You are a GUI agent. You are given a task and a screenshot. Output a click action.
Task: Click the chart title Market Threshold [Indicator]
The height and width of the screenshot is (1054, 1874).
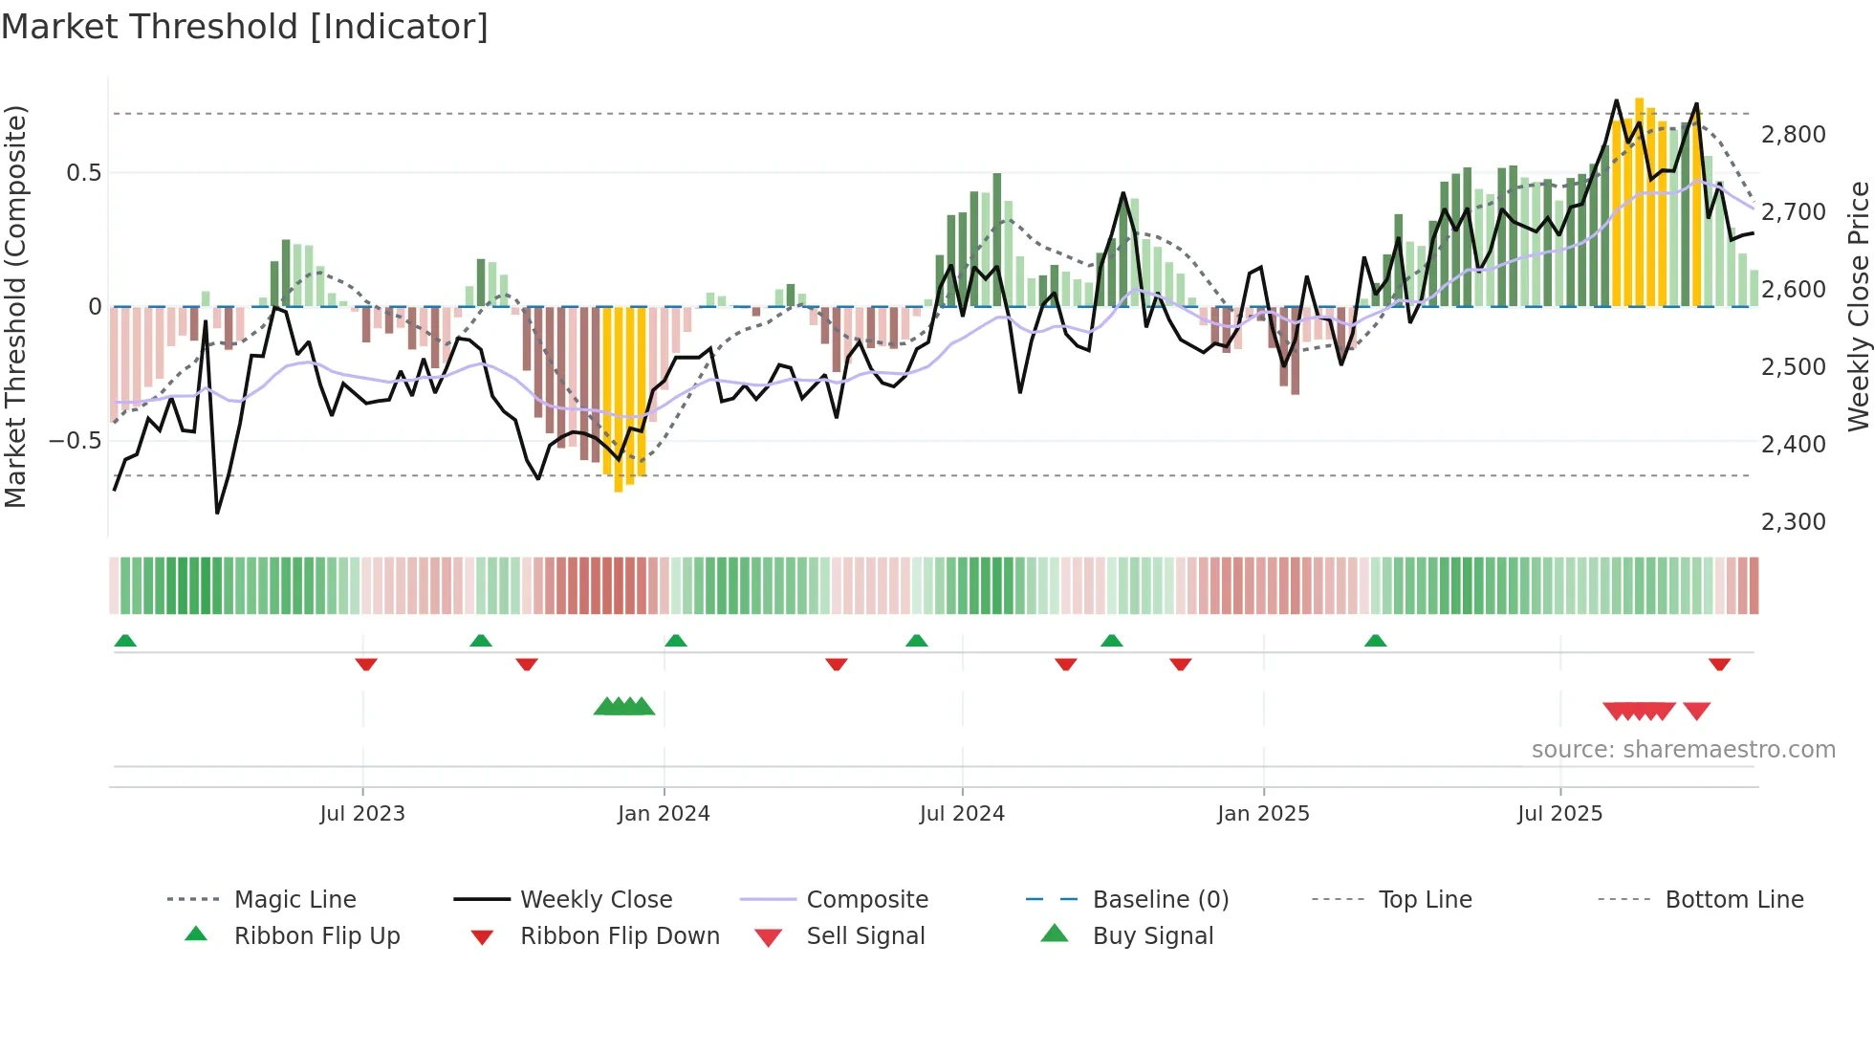click(x=245, y=27)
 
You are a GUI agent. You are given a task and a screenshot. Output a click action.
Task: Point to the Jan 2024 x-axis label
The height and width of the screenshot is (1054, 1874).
click(x=664, y=814)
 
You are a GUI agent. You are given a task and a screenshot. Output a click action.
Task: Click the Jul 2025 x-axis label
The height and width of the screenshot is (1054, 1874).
click(x=1559, y=814)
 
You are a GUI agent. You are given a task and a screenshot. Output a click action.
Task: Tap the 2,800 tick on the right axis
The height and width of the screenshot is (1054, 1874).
click(x=1793, y=135)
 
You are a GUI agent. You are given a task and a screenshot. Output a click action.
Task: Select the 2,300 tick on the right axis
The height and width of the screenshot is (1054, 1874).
click(x=1793, y=522)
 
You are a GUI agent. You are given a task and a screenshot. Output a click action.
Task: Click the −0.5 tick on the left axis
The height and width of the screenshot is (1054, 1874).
click(x=76, y=441)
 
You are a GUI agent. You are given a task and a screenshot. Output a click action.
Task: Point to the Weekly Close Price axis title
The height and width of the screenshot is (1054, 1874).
click(x=1857, y=306)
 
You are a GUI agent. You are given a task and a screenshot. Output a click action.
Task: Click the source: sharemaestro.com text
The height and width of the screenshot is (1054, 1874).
click(x=1683, y=750)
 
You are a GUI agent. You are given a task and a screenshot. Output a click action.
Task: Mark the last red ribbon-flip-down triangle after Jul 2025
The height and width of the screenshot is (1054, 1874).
click(x=1719, y=664)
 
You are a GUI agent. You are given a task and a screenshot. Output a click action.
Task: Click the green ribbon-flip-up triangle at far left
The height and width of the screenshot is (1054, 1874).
click(x=125, y=641)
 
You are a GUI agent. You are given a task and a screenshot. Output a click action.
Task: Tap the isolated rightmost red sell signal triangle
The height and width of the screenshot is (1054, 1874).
click(x=1696, y=711)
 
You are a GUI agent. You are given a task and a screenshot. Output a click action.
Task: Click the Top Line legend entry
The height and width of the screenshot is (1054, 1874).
click(x=1425, y=900)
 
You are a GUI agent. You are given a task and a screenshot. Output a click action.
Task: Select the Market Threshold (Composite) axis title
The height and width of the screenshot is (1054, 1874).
click(x=15, y=306)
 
